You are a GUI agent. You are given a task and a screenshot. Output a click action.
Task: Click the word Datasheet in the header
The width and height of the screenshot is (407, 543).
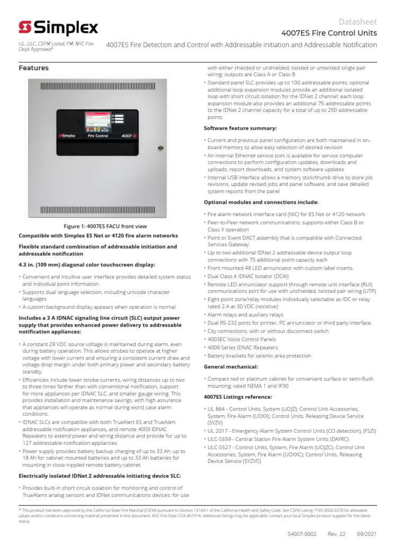click(x=358, y=22)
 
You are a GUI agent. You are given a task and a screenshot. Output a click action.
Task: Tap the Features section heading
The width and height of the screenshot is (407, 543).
click(x=33, y=68)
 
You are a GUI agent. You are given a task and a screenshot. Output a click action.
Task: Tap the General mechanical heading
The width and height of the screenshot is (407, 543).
click(x=231, y=366)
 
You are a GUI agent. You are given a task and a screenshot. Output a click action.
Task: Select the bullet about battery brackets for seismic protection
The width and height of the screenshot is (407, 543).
click(x=259, y=356)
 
